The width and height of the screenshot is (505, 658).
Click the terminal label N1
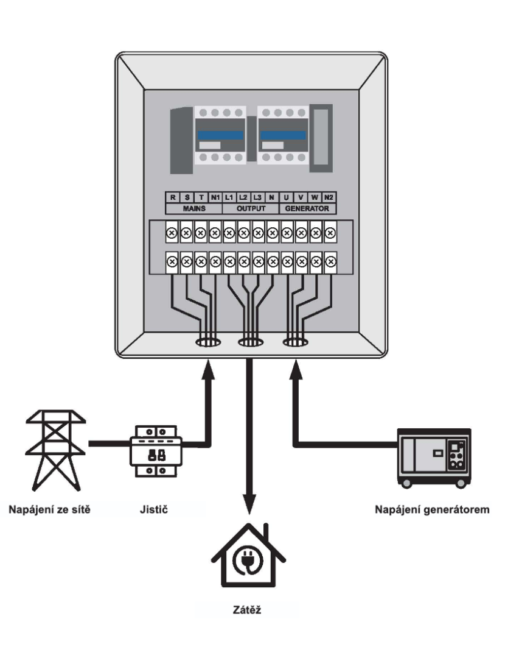click(215, 197)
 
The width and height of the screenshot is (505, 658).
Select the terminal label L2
click(243, 197)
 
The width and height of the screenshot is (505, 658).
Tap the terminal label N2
click(329, 197)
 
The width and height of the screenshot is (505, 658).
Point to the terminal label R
click(173, 197)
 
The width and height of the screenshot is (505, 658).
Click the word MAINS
click(194, 208)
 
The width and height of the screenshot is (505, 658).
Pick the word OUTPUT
click(251, 208)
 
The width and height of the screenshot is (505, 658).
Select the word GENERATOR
click(307, 208)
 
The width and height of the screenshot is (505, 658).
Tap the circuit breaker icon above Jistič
click(156, 451)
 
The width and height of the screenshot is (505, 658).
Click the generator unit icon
click(434, 458)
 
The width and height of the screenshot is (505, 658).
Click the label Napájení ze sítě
click(49, 510)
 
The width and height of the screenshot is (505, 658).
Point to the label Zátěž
click(247, 610)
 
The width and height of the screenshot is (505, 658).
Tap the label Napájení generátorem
click(432, 510)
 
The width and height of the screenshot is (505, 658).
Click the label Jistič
click(154, 510)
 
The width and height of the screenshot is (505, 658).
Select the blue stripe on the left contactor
click(220, 135)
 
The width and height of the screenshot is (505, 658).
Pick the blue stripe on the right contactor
click(284, 135)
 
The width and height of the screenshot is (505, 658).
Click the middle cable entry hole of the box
click(251, 342)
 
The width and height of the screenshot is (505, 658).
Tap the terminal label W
click(315, 197)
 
